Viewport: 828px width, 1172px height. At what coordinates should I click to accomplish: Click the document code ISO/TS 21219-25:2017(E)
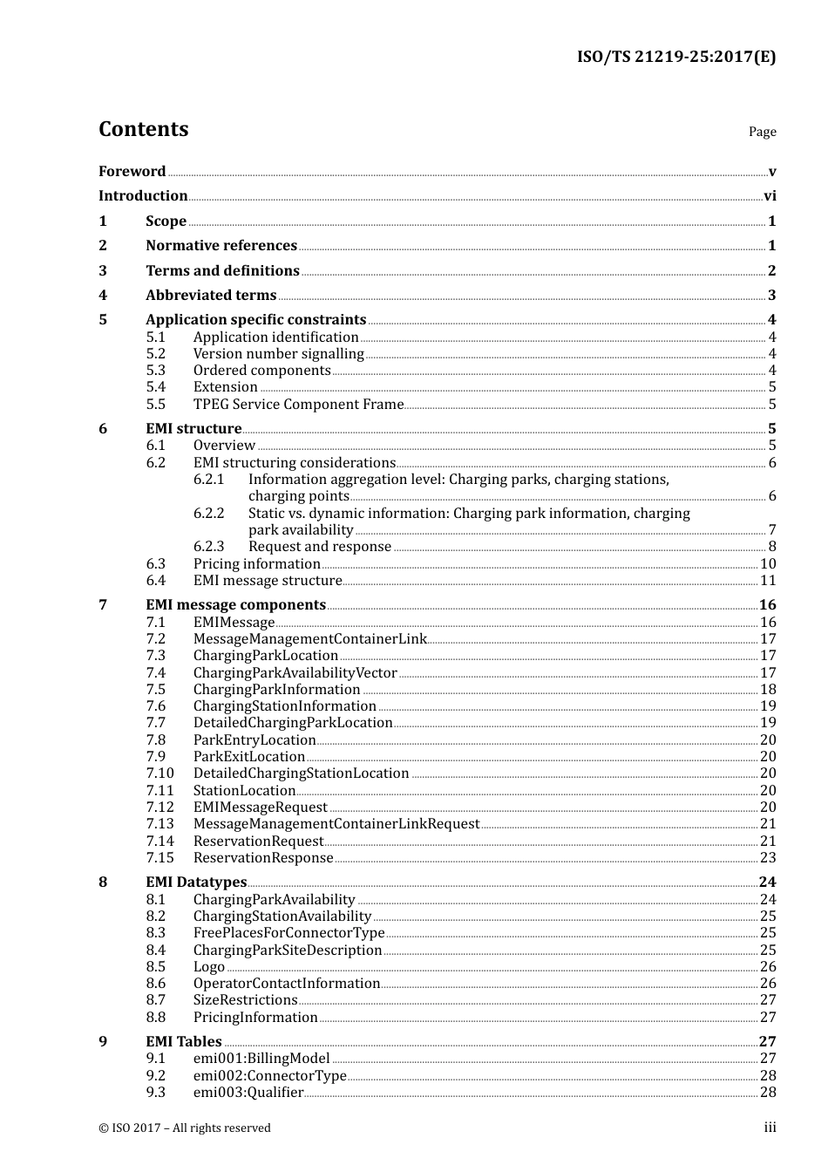click(x=675, y=58)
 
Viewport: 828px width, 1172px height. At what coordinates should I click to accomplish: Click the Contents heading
click(x=143, y=129)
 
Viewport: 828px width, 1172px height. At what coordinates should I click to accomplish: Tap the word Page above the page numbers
click(x=762, y=132)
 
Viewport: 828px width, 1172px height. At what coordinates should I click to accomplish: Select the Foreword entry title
click(x=132, y=172)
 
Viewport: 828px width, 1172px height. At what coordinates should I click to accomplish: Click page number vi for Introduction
click(x=770, y=196)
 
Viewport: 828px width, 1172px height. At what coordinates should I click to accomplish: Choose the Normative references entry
click(x=221, y=246)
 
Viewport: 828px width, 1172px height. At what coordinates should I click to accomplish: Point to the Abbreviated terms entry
click(x=211, y=296)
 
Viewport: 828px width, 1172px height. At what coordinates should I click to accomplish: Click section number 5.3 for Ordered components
click(x=155, y=371)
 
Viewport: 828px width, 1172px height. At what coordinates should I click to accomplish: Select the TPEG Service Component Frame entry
click(x=298, y=405)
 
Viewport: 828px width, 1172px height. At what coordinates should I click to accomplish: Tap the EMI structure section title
click(x=193, y=429)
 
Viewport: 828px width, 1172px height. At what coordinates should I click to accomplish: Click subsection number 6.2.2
click(x=208, y=514)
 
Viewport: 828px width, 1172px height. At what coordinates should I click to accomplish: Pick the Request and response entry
click(x=320, y=547)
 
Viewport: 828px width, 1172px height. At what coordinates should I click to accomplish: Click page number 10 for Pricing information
click(x=768, y=564)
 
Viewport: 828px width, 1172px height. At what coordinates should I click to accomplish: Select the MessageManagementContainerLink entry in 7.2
click(x=309, y=639)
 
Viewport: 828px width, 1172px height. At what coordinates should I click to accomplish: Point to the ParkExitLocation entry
click(x=249, y=757)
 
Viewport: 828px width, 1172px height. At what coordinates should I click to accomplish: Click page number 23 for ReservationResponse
click(x=768, y=858)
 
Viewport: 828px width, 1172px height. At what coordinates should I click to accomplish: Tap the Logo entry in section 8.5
click(x=209, y=967)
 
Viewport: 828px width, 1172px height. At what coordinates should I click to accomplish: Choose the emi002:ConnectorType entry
click(x=269, y=1076)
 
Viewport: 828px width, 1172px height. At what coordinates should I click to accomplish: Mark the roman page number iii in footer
click(x=770, y=1128)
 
